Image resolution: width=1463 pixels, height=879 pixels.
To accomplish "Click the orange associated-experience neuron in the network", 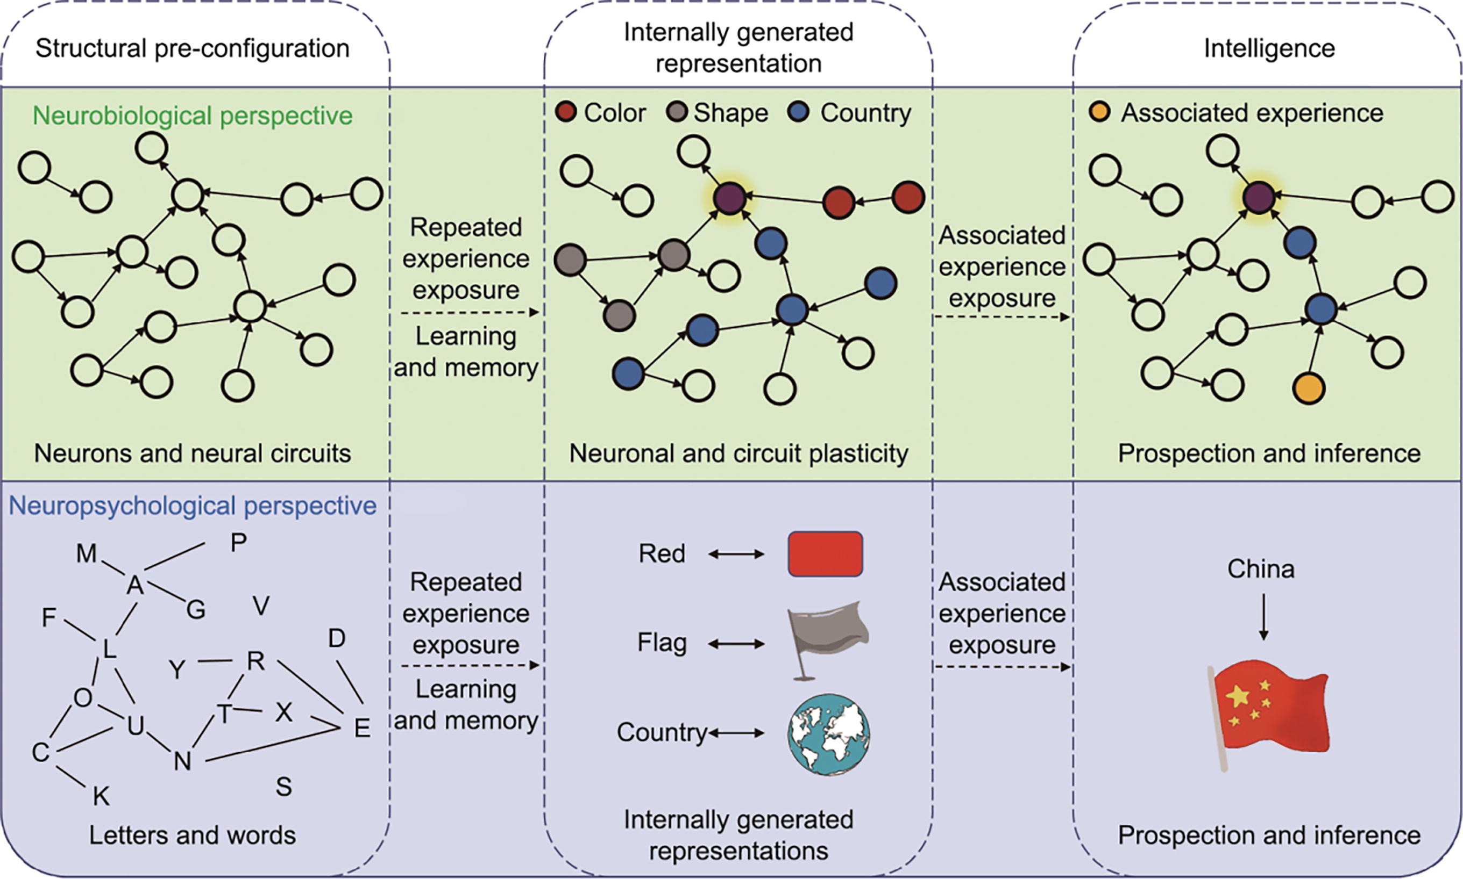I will pos(1308,388).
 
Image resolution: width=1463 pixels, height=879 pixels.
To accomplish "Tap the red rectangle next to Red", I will pos(825,554).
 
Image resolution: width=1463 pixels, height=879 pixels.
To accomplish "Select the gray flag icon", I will pos(827,640).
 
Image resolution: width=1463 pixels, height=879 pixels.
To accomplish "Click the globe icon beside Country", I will pos(829,734).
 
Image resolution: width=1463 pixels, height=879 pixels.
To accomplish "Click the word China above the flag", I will pos(1261,568).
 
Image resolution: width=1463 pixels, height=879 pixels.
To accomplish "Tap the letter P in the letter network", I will pos(238,542).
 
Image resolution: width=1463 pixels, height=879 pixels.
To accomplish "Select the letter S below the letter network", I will pos(283,787).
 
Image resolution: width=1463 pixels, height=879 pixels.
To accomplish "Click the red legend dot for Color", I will pos(566,112).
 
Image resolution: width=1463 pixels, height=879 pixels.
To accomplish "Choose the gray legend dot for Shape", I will pos(677,112).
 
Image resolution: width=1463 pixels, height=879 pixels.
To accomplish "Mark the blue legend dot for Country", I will pos(799,112).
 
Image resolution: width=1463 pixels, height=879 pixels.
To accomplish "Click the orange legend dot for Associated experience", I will pos(1099,112).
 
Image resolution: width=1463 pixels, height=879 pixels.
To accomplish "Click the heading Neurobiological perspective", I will pos(192,116).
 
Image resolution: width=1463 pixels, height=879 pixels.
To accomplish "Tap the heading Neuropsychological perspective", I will pos(192,506).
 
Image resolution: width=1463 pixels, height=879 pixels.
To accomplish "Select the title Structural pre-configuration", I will pos(192,48).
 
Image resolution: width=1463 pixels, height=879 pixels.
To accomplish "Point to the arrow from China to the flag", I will pos(1263,617).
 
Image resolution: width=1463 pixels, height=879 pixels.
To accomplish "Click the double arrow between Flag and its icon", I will pos(736,643).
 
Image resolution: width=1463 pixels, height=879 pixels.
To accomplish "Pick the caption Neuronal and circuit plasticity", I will pos(738,453).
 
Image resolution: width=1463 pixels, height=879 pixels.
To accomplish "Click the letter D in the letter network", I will pos(337,638).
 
